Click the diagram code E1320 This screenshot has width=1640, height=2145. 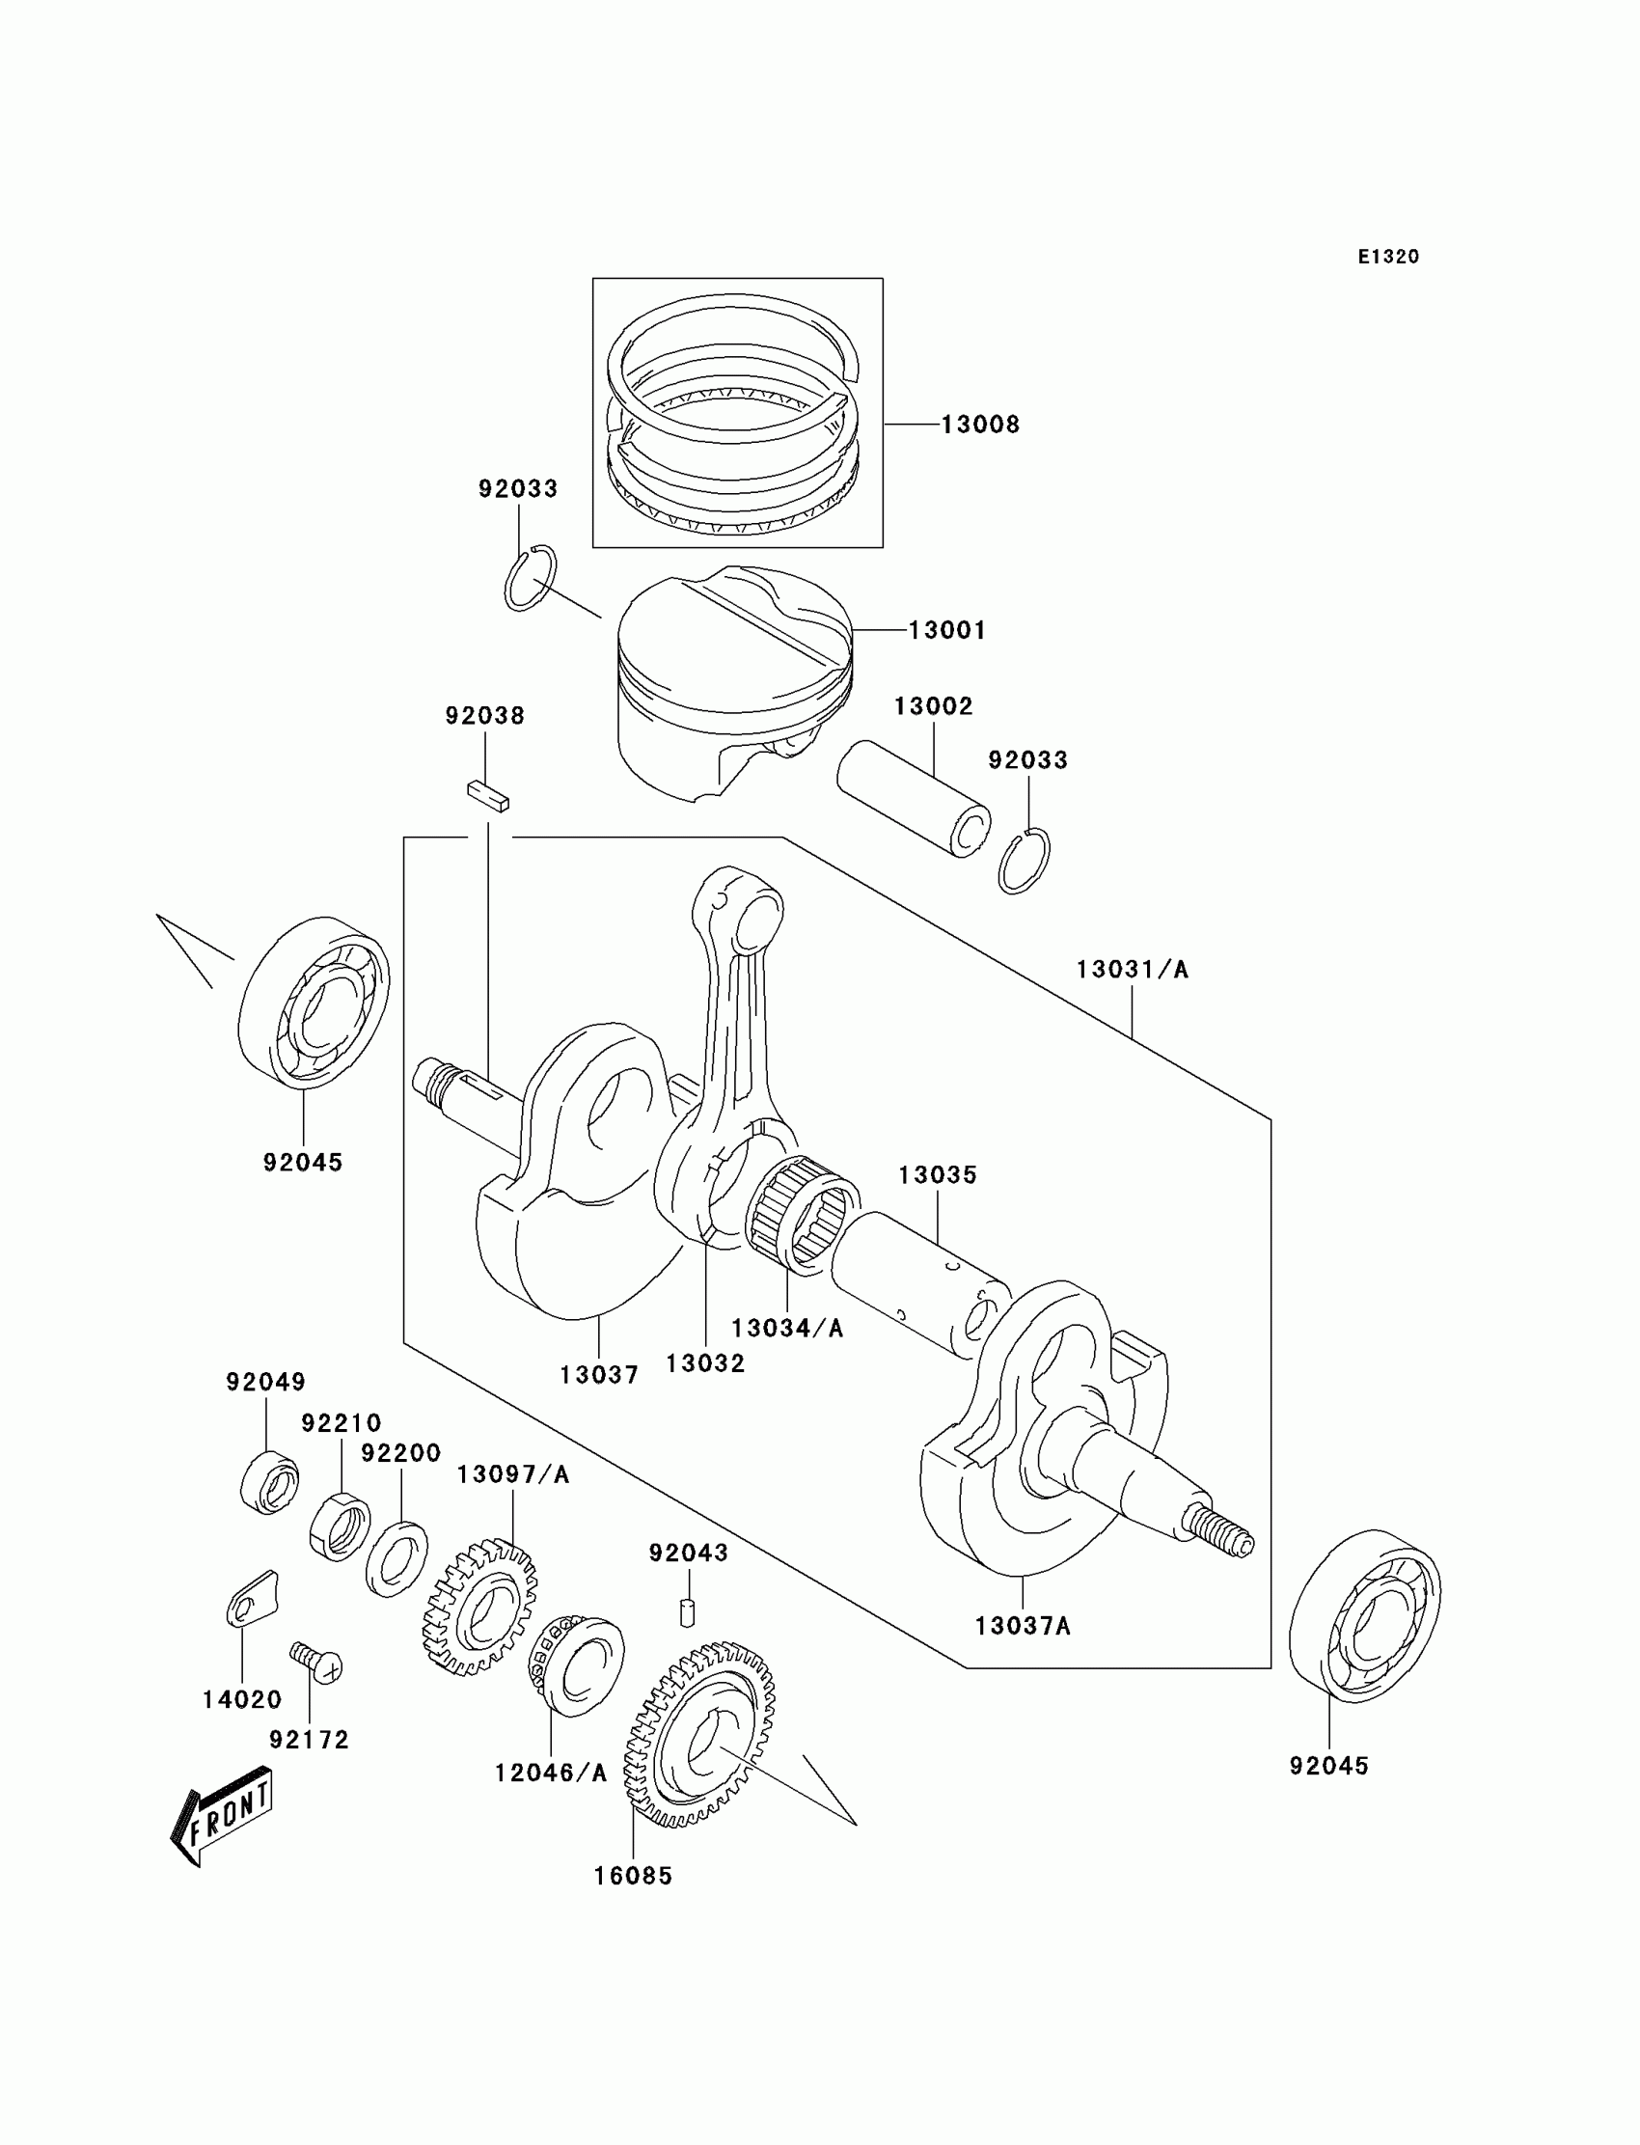click(1387, 257)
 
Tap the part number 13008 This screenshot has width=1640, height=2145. click(980, 425)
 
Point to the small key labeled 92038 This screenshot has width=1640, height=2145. click(487, 796)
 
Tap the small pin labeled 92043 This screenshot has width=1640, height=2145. click(687, 1613)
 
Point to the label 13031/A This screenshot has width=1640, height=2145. click(1133, 970)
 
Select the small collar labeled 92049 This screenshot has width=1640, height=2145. click(268, 1483)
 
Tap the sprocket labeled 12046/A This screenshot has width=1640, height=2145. click(575, 1665)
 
